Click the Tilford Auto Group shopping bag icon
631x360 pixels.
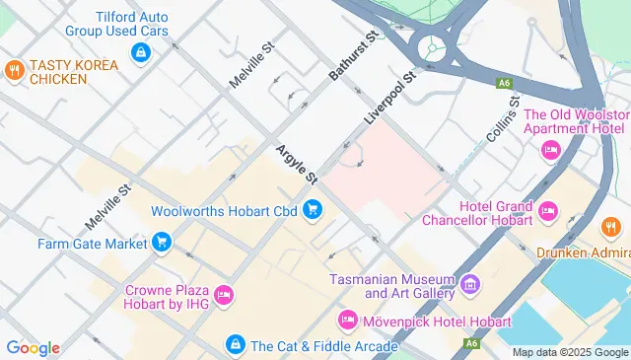141,50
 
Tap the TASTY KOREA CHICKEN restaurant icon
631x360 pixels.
14,70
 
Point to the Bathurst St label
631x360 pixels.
355,56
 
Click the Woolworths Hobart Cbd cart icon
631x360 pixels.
313,209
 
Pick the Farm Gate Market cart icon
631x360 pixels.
161,242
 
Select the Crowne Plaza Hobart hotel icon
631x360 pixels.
224,294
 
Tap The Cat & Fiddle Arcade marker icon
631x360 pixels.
235,344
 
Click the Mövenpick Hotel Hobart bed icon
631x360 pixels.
346,321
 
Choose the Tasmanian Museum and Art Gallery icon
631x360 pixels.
470,285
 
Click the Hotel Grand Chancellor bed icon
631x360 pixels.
549,209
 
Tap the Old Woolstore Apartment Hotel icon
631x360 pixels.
550,149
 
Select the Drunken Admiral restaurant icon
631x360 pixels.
610,228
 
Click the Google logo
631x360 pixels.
33,347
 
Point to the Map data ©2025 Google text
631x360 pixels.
570,352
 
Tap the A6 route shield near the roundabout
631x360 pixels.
504,83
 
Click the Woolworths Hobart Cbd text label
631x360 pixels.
224,210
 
